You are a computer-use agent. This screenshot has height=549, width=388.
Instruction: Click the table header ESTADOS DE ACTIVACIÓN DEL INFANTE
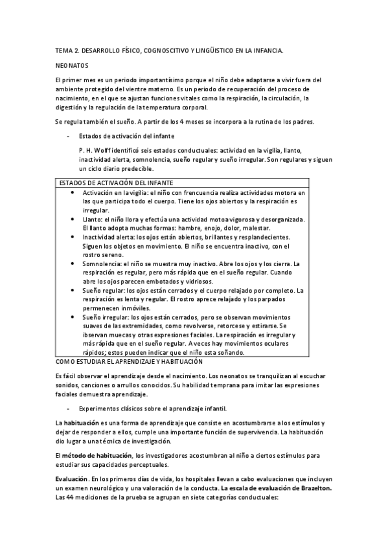pyautogui.click(x=115, y=184)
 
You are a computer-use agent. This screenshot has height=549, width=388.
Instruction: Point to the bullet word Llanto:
pyautogui.click(x=93, y=219)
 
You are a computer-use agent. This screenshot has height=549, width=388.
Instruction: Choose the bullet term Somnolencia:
pyautogui.click(x=104, y=263)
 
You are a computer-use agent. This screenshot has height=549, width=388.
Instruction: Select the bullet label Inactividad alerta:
pyautogui.click(x=109, y=238)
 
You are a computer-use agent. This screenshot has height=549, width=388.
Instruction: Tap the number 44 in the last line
pyautogui.click(x=71, y=499)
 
